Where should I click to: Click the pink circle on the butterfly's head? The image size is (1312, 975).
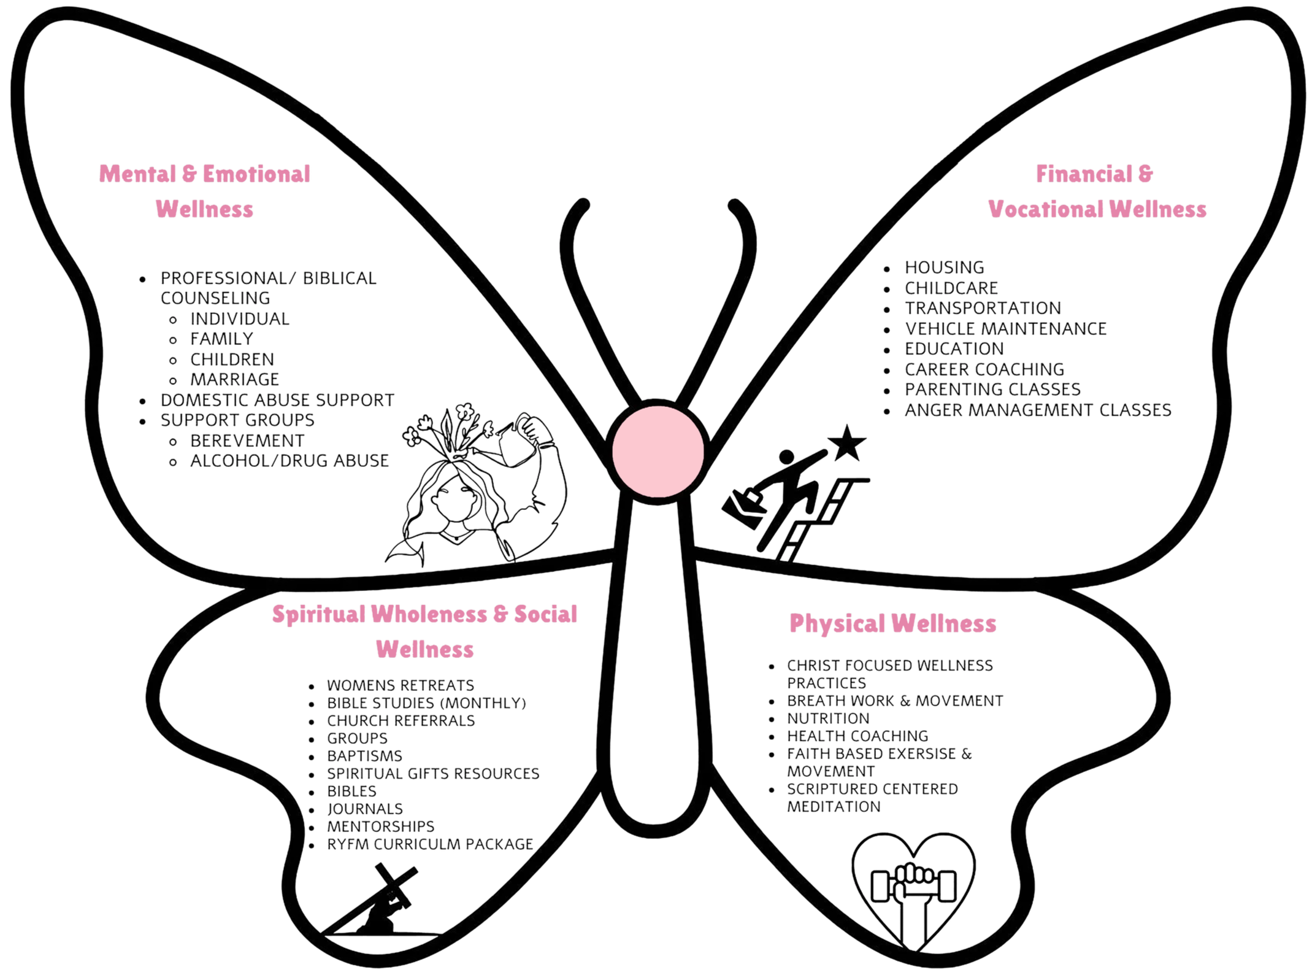coord(658,450)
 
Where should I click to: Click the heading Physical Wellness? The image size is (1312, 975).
coord(892,623)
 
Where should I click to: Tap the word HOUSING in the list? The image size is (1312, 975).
coord(944,267)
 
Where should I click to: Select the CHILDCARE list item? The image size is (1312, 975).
coord(951,287)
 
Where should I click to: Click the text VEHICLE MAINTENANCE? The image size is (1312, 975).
coord(1005,328)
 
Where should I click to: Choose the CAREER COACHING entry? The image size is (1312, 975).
coord(984,369)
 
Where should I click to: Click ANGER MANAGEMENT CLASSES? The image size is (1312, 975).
coord(1038,410)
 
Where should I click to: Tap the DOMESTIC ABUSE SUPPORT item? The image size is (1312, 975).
coord(277,400)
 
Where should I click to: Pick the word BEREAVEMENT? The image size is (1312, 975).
coord(247,441)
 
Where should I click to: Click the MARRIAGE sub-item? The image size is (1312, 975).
coord(234,379)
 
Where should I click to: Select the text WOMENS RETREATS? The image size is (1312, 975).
coord(400,685)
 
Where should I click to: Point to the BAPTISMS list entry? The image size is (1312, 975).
coord(364,755)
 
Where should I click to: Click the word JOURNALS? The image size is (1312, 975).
coord(365,808)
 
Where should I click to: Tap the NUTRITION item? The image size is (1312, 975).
coord(828,718)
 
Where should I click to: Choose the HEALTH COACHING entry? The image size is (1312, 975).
coord(857,736)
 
